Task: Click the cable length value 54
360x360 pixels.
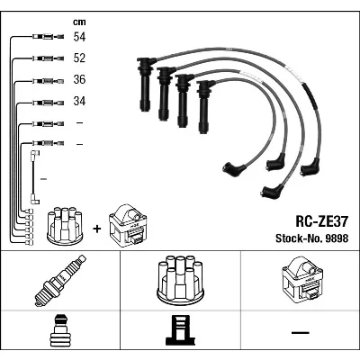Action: tap(79, 37)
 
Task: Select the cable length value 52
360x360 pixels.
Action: tap(79, 58)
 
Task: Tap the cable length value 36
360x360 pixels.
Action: tap(79, 79)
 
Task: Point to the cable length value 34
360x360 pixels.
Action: tap(79, 101)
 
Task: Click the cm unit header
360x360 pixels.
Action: tap(79, 22)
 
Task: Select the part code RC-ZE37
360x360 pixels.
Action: tap(322, 221)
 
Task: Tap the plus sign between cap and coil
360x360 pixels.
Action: tap(97, 229)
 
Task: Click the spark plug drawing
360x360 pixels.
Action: tap(60, 281)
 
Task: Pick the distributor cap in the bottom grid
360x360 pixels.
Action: tap(180, 281)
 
